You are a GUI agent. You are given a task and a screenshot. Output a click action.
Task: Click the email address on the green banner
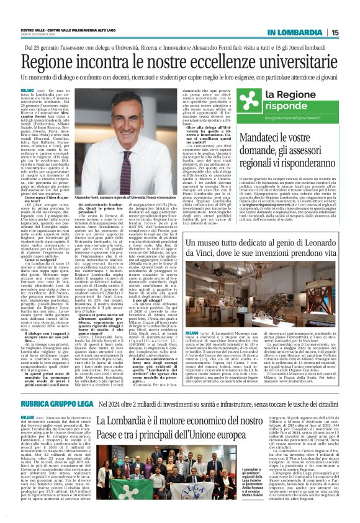coord(295,116)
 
